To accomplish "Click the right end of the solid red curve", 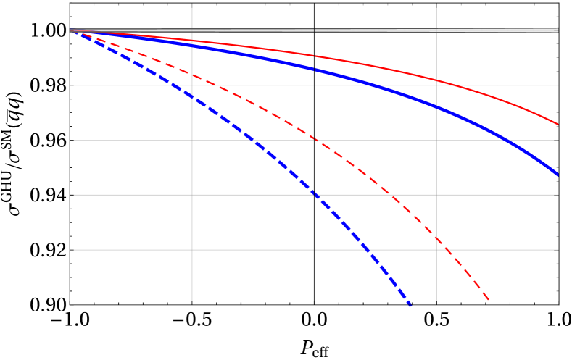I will point(558,125).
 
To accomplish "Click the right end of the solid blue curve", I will point(558,175).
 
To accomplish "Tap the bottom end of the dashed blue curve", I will point(410,306).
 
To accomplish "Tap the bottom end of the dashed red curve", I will point(489,300).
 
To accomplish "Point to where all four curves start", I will point(71,30).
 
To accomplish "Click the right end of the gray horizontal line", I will point(558,30).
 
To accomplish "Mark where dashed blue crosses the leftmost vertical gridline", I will point(192,98).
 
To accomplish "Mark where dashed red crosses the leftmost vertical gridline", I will point(192,73).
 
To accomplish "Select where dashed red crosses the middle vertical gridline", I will point(314,138).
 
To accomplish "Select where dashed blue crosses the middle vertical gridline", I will point(314,193).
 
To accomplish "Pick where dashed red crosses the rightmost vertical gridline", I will point(436,237).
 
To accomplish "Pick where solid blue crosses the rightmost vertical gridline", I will point(436,106).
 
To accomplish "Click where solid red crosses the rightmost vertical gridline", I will point(436,80).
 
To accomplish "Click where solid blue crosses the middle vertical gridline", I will point(314,69).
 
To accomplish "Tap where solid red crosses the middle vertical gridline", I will point(314,56).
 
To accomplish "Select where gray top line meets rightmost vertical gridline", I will point(436,30).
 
